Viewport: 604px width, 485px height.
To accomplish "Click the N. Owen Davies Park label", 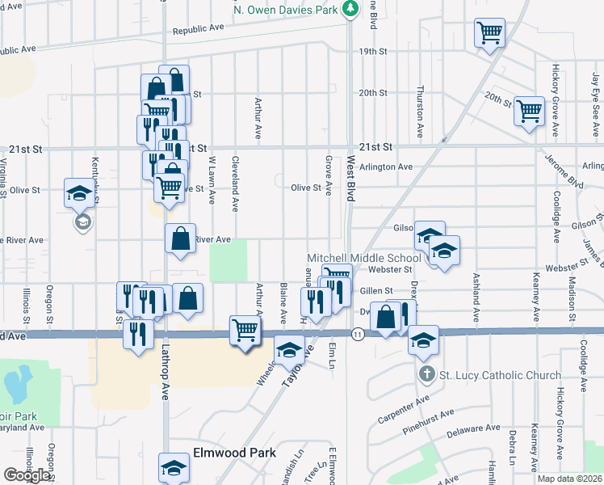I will pos(285,9).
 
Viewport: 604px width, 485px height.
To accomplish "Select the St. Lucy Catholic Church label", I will pos(500,375).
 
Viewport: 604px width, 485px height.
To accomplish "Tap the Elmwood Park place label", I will pos(234,453).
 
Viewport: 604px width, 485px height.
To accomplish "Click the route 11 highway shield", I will pos(356,333).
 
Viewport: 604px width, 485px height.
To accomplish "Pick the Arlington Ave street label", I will pos(386,167).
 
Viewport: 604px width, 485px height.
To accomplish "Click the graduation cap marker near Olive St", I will pos(80,193).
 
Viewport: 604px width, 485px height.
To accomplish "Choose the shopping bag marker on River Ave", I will pos(180,238).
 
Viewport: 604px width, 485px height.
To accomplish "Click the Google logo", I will pos(27,474).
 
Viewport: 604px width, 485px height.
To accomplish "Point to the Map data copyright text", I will pos(569,479).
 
